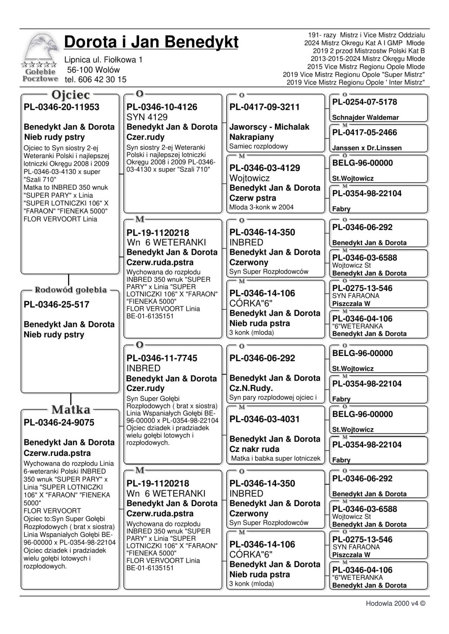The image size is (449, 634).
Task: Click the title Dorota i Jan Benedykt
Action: [151, 42]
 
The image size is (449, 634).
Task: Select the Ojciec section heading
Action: [70, 95]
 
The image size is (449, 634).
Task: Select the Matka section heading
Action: [70, 409]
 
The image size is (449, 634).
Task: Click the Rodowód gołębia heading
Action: [70, 290]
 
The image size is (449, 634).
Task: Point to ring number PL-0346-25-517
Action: [57, 305]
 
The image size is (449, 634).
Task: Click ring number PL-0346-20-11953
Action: [62, 107]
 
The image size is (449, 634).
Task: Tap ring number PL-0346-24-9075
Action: [59, 422]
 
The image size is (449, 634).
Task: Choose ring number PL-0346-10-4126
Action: [162, 107]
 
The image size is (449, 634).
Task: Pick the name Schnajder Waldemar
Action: [365, 117]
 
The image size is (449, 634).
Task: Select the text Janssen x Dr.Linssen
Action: [367, 148]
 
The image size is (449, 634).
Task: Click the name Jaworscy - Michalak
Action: [269, 127]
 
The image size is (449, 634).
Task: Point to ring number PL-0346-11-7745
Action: [162, 358]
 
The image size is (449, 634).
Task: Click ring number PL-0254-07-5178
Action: [365, 102]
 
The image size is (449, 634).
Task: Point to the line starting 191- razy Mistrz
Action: [366, 35]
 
